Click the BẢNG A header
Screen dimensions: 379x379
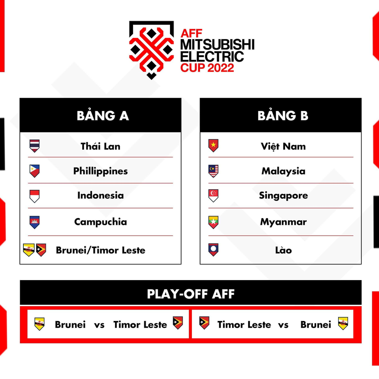[103, 116]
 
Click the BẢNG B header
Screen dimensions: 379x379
[283, 116]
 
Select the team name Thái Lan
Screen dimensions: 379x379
[100, 146]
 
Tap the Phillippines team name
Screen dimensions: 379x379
[100, 171]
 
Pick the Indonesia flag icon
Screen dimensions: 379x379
[35, 196]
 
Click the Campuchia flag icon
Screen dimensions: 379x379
[35, 222]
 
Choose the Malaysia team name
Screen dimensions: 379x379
[283, 171]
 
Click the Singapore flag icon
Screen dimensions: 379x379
[214, 196]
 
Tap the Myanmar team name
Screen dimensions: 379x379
[283, 222]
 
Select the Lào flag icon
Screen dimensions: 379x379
[214, 250]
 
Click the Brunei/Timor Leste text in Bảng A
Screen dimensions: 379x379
[100, 250]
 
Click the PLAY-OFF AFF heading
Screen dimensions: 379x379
[191, 294]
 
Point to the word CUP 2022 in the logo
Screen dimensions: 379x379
[207, 68]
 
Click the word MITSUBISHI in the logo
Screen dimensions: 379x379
[217, 45]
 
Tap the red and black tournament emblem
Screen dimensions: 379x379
[151, 49]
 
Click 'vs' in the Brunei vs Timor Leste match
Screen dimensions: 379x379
[99, 325]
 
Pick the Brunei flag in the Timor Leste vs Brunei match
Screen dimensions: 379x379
[343, 324]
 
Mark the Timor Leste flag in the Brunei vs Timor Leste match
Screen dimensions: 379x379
[178, 323]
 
